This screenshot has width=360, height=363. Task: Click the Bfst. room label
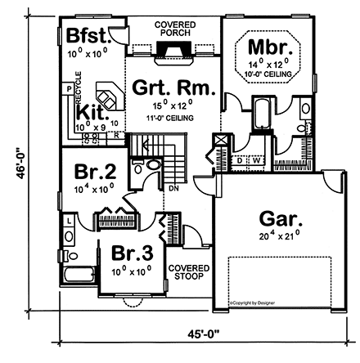pyautogui.click(x=84, y=37)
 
